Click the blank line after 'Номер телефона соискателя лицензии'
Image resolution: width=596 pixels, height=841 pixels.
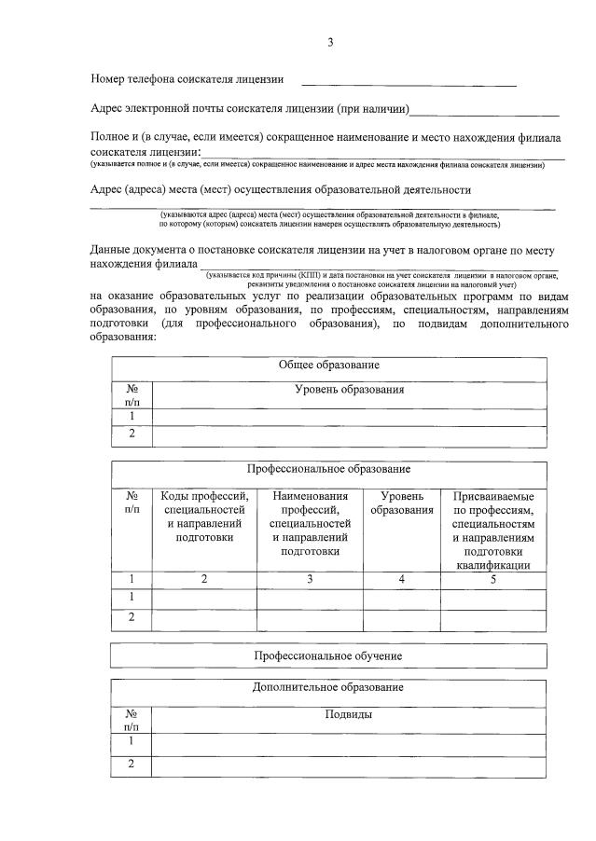(x=408, y=84)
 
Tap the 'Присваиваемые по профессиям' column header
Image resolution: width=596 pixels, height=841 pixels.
(x=493, y=530)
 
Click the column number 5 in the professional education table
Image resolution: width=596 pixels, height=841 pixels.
(x=493, y=579)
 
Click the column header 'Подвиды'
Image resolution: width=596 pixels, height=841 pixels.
(x=349, y=715)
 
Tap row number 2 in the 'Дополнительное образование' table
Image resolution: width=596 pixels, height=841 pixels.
(x=132, y=765)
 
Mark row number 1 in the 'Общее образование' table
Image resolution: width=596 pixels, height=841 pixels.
(x=132, y=416)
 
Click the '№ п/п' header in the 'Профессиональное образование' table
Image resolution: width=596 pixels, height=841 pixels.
(x=132, y=503)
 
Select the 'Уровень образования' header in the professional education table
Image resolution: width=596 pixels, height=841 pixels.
(x=402, y=503)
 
